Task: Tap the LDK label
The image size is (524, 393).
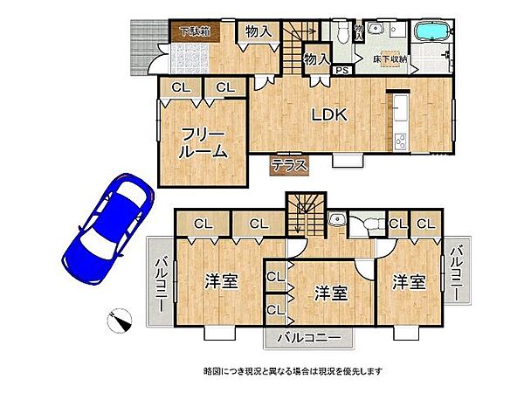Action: (331, 114)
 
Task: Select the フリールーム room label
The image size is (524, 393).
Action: (203, 142)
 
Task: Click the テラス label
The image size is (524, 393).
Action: (286, 165)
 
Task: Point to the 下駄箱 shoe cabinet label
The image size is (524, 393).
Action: (195, 32)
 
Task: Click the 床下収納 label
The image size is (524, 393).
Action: (390, 59)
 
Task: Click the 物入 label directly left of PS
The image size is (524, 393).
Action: (315, 59)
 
